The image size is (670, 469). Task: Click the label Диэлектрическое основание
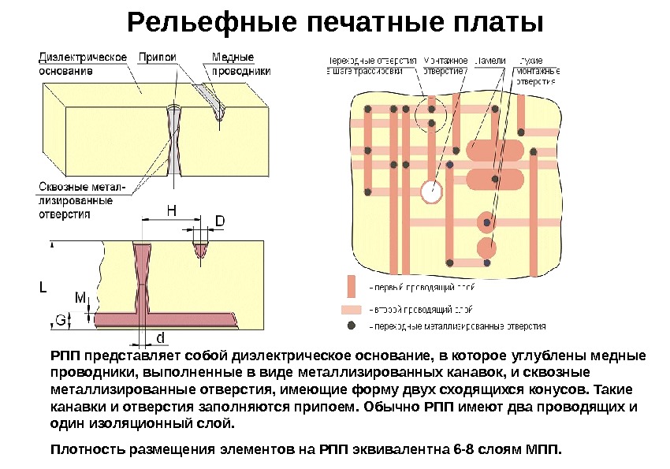pyautogui.click(x=84, y=63)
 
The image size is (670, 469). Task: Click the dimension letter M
pyautogui.click(x=80, y=299)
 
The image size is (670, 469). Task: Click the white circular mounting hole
pyautogui.click(x=430, y=191)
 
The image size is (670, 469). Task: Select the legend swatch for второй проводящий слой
pyautogui.click(x=352, y=309)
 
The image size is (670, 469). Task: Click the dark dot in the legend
pyautogui.click(x=352, y=326)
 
